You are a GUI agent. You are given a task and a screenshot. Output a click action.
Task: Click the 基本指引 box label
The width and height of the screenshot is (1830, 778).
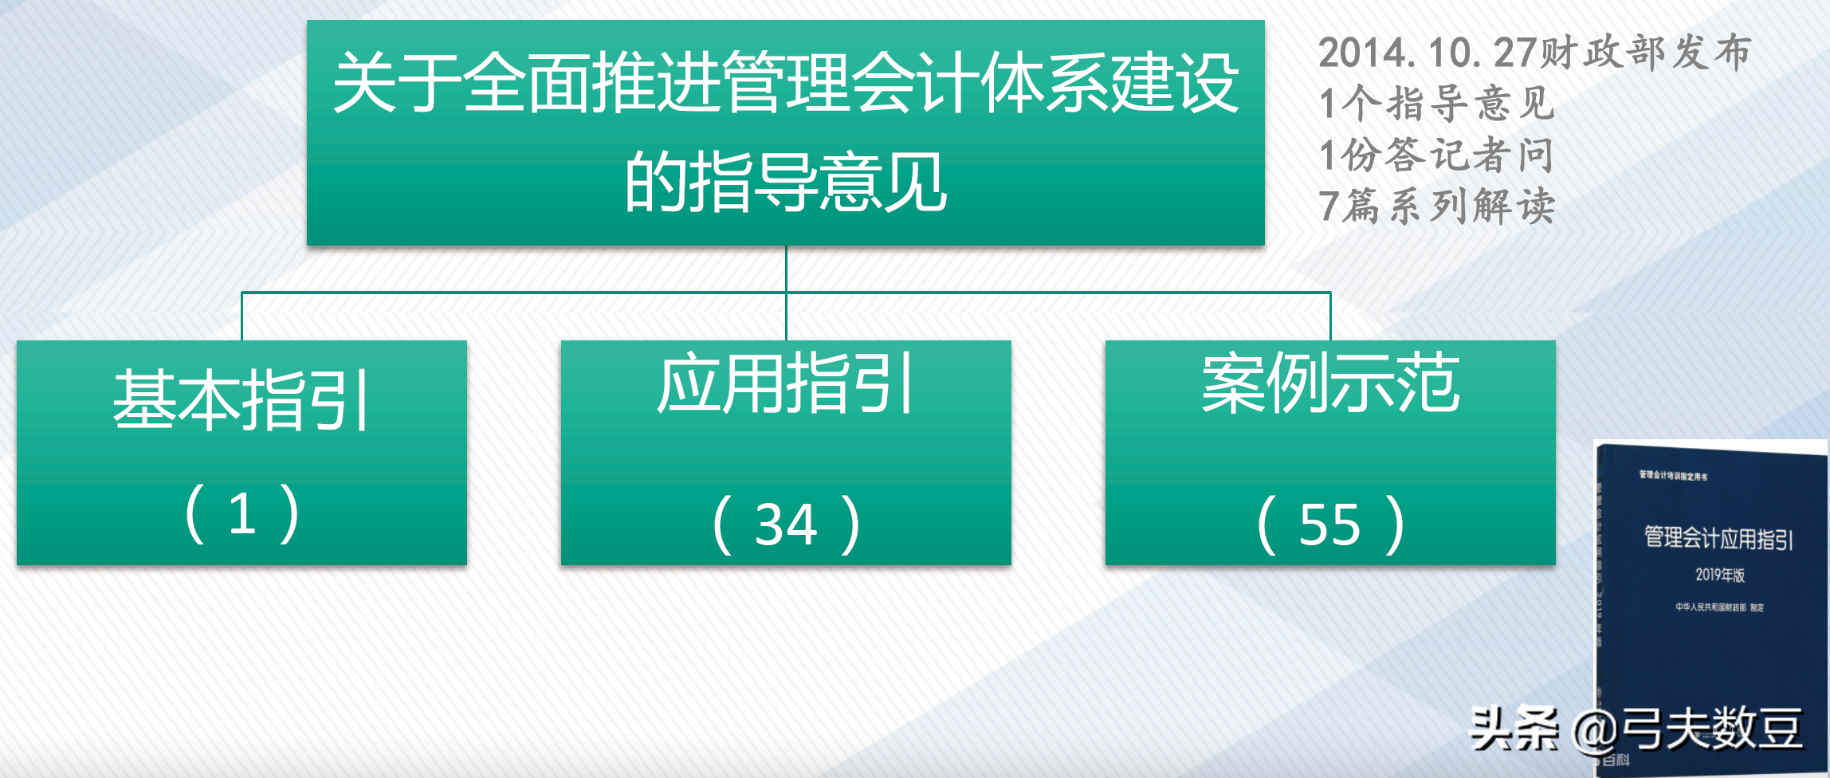coord(241,400)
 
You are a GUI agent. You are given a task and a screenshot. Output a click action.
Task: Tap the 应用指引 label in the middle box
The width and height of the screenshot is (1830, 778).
coord(785,384)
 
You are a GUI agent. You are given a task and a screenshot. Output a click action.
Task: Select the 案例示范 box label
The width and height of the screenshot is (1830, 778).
coord(1330,384)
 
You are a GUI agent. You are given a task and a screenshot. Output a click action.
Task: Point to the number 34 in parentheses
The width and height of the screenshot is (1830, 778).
coord(786,525)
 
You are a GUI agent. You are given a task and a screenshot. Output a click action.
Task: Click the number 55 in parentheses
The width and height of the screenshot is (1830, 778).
coord(1329,525)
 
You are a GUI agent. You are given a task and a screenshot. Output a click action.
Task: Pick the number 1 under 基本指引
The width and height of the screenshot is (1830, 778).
coord(242,513)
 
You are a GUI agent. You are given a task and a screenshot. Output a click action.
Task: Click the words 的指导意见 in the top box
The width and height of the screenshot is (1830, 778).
coord(785,183)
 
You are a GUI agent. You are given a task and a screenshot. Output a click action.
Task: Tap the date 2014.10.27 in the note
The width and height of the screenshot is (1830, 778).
coord(1427,53)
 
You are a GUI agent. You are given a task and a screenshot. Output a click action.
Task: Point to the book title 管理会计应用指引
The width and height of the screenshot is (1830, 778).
coord(1718,538)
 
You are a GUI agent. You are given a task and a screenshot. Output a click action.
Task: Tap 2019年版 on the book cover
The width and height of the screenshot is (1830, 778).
coord(1719,575)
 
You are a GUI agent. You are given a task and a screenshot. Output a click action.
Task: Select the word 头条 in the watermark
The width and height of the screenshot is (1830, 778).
coord(1514,729)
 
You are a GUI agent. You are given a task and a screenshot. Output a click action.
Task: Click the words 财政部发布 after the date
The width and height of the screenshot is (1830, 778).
coord(1645,53)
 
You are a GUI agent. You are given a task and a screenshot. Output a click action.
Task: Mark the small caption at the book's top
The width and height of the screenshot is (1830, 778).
coord(1673,476)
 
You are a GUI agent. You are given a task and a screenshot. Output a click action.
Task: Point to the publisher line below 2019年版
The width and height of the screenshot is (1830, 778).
coord(1719,607)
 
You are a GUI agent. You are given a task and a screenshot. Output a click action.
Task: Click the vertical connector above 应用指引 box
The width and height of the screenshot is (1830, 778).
coord(786,316)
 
